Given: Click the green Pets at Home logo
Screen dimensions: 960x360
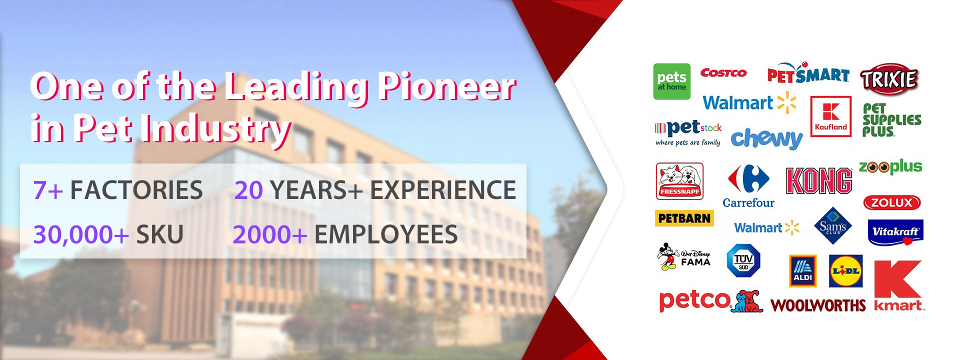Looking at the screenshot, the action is [x=671, y=81].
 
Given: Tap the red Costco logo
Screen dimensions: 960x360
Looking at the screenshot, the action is [x=723, y=73].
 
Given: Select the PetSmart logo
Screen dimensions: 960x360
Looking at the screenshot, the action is [x=808, y=73].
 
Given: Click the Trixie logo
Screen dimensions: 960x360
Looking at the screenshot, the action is [x=889, y=79].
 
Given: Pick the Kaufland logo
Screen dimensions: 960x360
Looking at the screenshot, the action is [x=830, y=116].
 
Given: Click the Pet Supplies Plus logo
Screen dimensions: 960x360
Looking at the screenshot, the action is [x=891, y=120].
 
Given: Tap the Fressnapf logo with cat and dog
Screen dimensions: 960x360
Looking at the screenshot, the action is [x=679, y=181].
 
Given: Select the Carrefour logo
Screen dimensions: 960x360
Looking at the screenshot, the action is [x=748, y=186].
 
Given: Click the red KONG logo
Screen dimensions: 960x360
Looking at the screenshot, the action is [x=819, y=180].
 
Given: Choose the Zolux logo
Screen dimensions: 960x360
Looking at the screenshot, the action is [x=892, y=202].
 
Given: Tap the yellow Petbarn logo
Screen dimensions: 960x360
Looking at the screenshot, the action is [x=684, y=218].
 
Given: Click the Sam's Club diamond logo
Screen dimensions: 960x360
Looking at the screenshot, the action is [x=833, y=226].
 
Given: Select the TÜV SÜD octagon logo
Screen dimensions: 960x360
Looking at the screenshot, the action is [x=743, y=260].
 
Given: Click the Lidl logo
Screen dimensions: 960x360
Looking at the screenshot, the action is [x=845, y=271].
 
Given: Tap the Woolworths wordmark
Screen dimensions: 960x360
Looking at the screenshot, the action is [x=818, y=305].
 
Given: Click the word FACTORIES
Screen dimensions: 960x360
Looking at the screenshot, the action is [x=136, y=190].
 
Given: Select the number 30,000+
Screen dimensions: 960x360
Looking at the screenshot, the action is [x=81, y=234].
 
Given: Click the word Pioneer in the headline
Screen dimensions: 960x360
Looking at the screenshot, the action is [x=446, y=87].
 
